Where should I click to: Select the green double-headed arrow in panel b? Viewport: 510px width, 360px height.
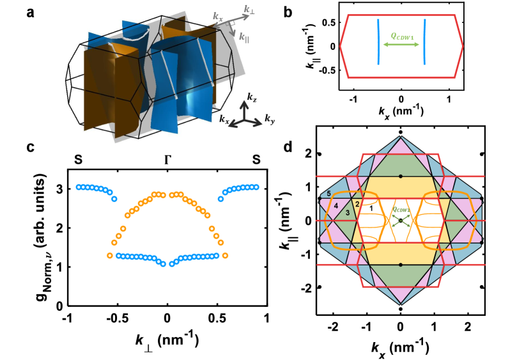click(401, 45)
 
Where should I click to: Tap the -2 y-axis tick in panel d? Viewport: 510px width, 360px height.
click(307, 288)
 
